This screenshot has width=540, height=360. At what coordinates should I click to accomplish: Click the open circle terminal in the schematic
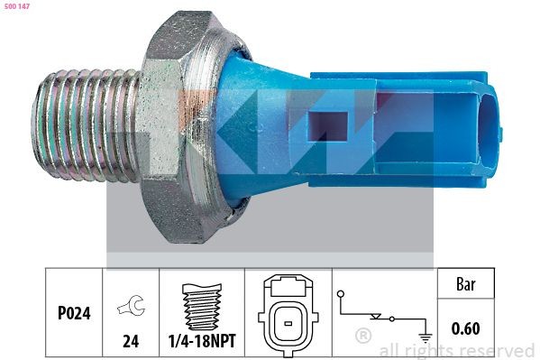pyautogui.click(x=340, y=294)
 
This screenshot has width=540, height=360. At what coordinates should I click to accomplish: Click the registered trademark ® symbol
pyautogui.click(x=363, y=337)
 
